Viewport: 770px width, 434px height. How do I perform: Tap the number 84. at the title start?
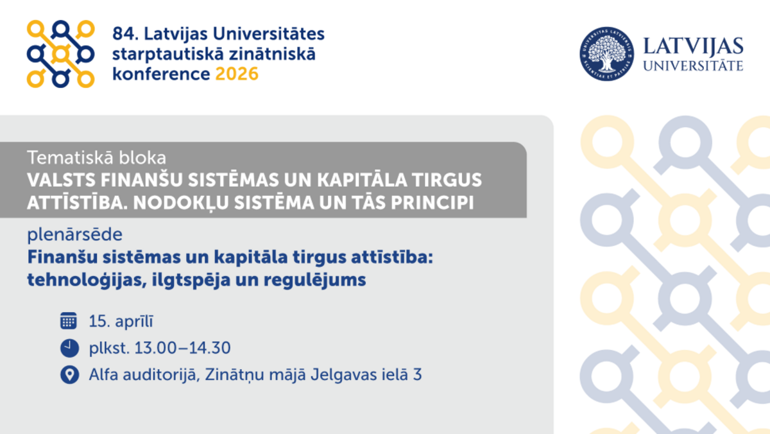coord(124,33)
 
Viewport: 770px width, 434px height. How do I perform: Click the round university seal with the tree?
coord(606,54)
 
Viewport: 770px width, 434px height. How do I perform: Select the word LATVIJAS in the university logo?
coord(692,46)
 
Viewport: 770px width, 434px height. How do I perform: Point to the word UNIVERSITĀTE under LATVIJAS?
coord(692,65)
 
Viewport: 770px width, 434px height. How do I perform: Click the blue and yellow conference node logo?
coord(60,54)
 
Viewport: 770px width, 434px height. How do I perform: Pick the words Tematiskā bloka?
coord(97,156)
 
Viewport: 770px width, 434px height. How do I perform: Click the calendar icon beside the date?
coord(69,321)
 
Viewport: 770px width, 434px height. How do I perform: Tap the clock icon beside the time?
coord(69,348)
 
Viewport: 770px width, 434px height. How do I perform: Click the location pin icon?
coord(69,375)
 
